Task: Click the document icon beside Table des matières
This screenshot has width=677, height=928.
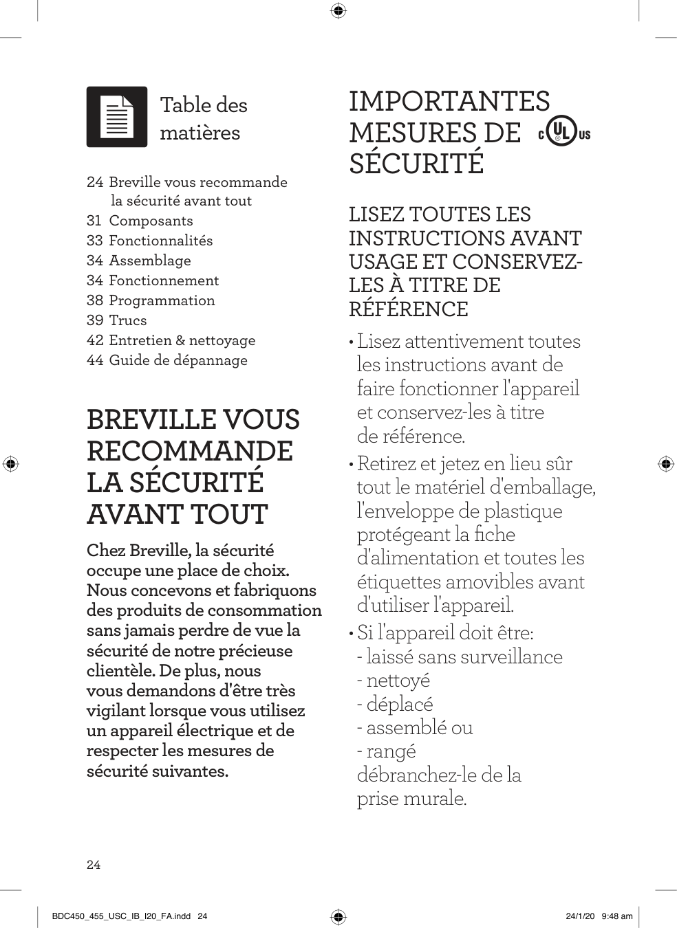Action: (x=117, y=117)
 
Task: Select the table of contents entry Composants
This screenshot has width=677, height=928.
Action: (x=151, y=221)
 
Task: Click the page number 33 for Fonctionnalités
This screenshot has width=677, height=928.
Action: (x=95, y=241)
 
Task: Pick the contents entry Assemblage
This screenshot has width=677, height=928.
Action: (x=149, y=261)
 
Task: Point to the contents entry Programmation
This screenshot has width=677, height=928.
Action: (x=162, y=300)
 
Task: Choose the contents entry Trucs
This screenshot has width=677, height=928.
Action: (x=127, y=320)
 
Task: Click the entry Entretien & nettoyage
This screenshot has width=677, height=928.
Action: (x=182, y=340)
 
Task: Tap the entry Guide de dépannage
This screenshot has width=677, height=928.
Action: (x=178, y=360)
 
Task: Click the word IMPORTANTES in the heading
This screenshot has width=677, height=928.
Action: (x=449, y=101)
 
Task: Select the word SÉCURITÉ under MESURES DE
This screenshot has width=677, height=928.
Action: (x=416, y=164)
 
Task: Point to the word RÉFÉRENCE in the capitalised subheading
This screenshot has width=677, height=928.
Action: (x=408, y=309)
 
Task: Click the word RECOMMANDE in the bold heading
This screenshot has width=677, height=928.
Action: (x=190, y=451)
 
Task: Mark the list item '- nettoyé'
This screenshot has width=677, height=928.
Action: (x=394, y=681)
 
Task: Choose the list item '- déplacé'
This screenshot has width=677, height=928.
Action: (x=395, y=704)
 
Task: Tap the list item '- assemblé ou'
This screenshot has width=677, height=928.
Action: (x=415, y=727)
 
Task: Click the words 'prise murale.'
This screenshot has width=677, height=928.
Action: (x=411, y=799)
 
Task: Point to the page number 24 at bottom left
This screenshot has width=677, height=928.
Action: (x=94, y=865)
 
